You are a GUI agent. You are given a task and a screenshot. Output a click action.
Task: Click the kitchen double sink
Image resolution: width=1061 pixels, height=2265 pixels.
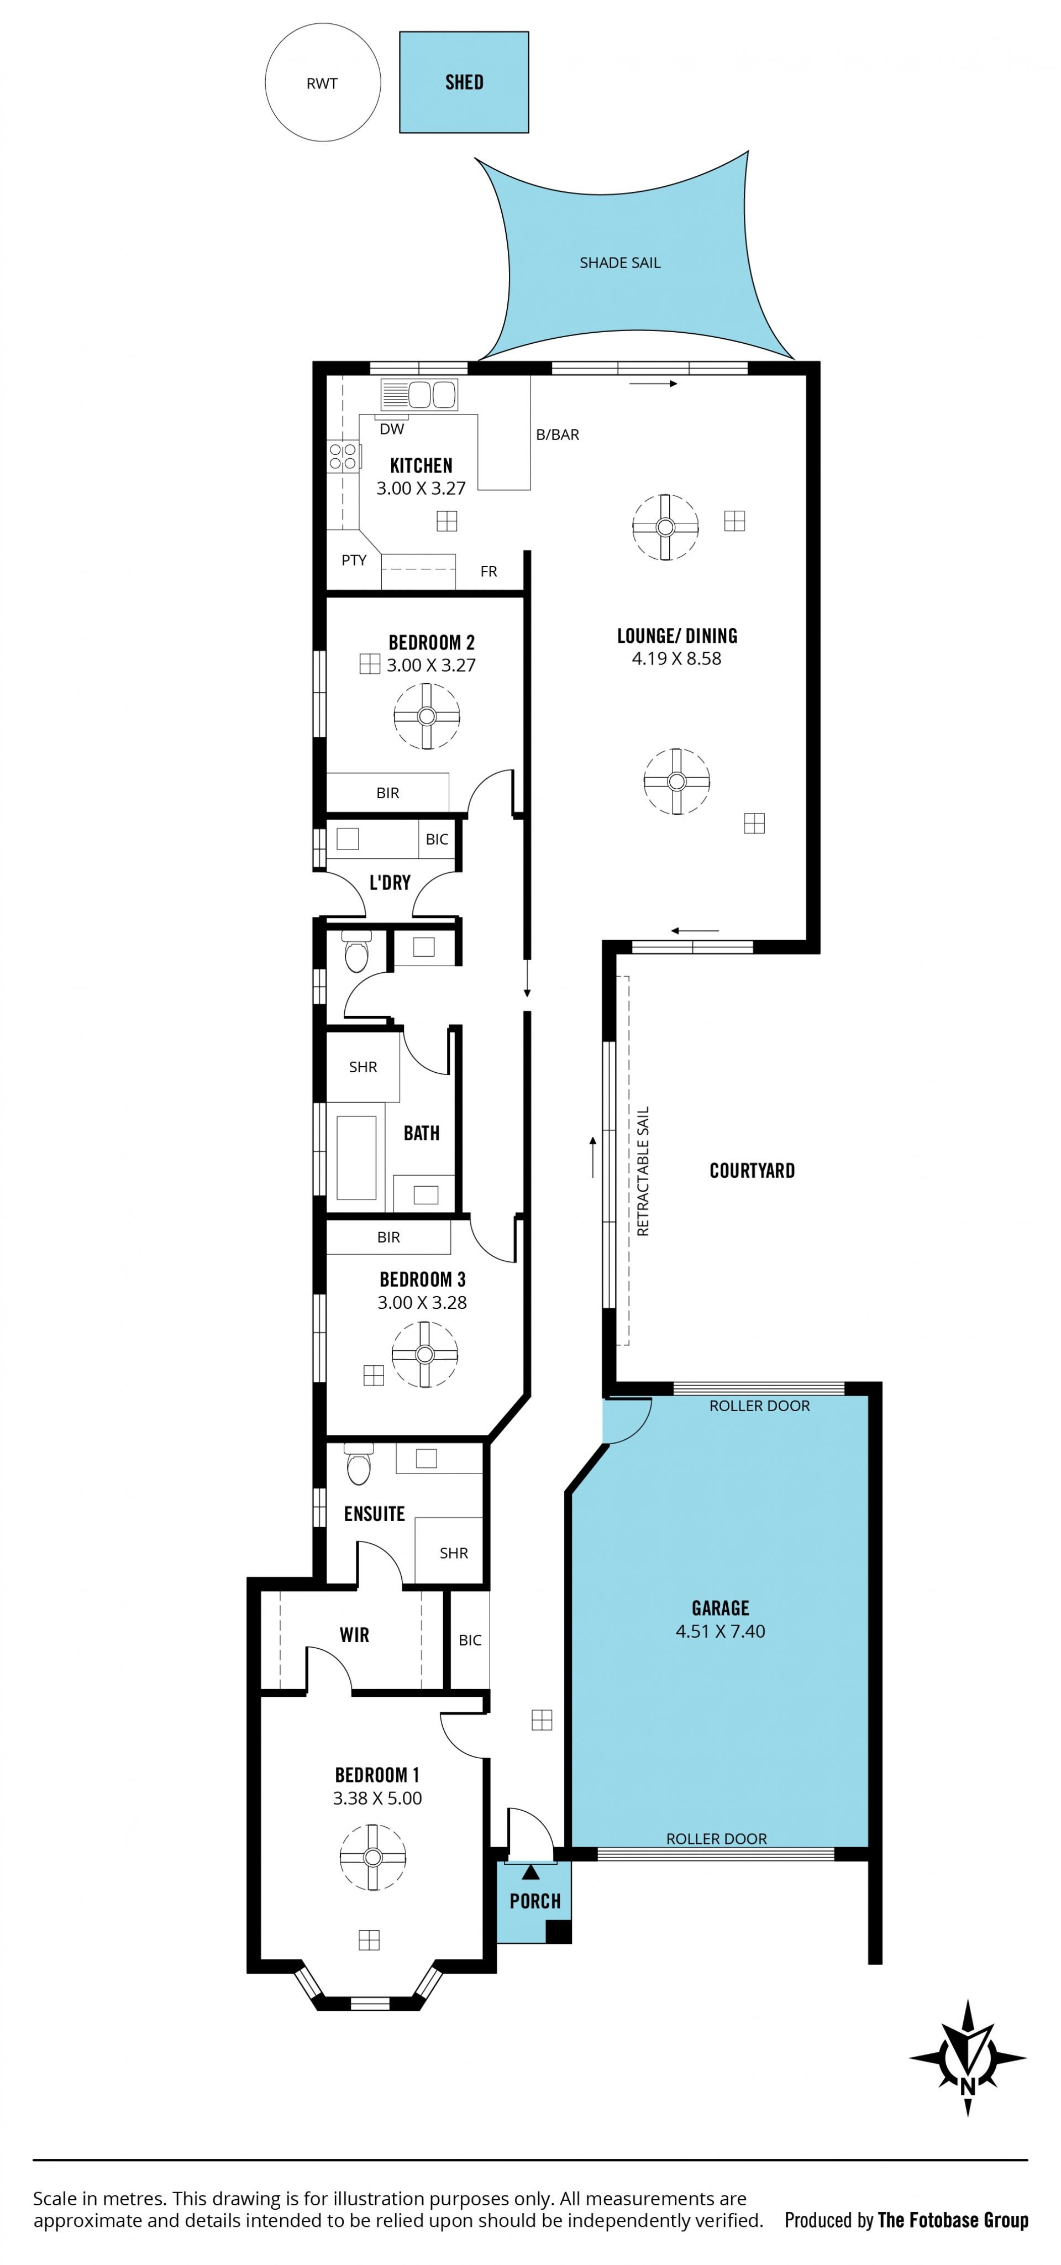[x=419, y=395]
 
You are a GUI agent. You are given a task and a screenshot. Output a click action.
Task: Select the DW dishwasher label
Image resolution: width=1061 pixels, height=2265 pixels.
[x=392, y=429]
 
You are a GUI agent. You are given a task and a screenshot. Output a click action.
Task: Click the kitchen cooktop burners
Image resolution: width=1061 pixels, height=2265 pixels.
[x=343, y=455]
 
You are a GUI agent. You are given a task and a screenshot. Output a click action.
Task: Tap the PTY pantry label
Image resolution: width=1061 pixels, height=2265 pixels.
[x=354, y=560]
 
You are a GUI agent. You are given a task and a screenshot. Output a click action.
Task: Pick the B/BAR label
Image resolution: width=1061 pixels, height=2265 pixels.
[x=558, y=434]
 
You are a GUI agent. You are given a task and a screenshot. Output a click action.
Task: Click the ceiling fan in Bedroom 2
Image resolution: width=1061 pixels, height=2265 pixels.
[x=427, y=716]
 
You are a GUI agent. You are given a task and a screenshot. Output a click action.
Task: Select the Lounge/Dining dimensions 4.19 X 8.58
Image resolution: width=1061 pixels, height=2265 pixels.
[x=676, y=659]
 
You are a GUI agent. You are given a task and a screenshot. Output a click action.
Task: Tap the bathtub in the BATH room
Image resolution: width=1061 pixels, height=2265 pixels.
[x=356, y=1157]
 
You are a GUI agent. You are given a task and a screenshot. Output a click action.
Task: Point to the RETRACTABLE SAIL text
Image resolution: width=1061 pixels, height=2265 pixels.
[x=643, y=1171]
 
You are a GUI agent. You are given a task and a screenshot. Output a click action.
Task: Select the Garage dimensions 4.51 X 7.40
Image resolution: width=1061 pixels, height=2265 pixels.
[x=720, y=1631]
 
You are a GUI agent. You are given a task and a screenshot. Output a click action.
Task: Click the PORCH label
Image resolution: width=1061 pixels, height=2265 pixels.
[x=534, y=1901]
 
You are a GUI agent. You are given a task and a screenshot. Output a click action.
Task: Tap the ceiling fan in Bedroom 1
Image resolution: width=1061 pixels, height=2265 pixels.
[x=372, y=1857]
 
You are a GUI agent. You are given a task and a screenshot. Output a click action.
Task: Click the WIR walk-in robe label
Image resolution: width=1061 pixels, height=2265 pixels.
[x=354, y=1634]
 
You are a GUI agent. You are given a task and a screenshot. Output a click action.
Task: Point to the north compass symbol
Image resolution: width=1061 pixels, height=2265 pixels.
[x=968, y=2058]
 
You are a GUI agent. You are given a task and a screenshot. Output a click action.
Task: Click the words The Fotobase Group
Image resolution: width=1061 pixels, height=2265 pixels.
[x=953, y=2221]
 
